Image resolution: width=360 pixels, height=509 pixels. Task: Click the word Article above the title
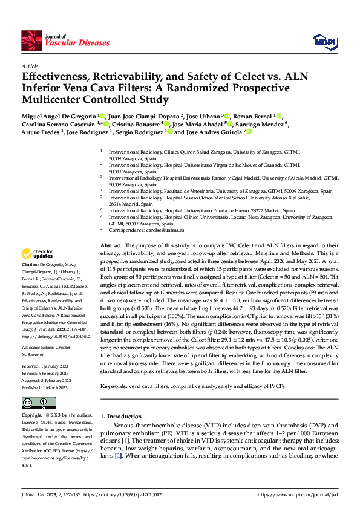30,66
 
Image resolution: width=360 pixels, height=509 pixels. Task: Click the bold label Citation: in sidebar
30,265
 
